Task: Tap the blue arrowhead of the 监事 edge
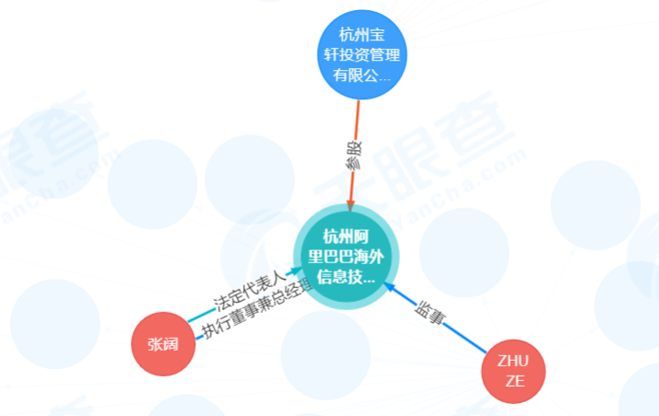tap(390, 287)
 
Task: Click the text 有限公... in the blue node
tap(361, 77)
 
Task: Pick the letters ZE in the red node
tap(513, 381)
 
